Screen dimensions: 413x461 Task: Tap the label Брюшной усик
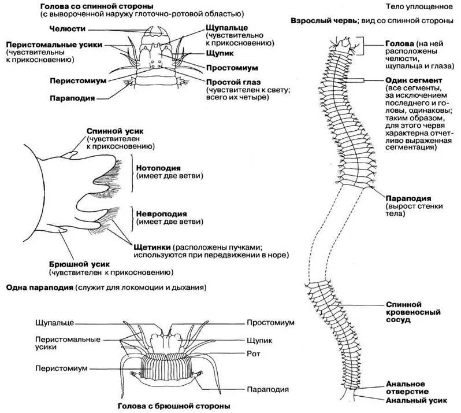(74, 264)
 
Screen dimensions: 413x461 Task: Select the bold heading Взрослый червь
(321, 20)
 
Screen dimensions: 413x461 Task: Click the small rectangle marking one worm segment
(355, 79)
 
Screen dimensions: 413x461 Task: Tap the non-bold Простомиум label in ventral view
(271, 322)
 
